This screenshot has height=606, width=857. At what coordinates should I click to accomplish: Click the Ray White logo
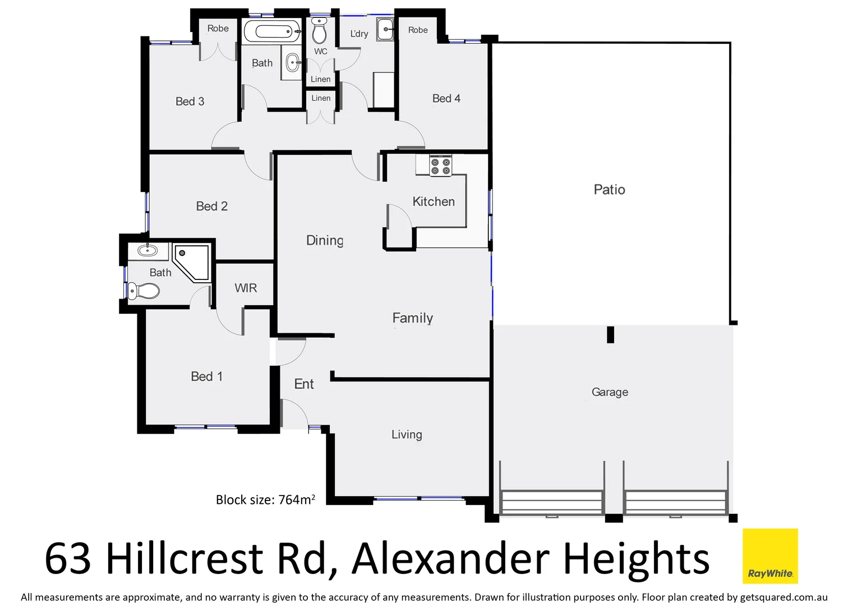coord(770,556)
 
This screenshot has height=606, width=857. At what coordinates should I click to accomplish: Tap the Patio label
coord(609,190)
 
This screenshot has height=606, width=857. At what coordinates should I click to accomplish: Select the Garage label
coord(610,392)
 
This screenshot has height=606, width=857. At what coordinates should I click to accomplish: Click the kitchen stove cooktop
coord(440,167)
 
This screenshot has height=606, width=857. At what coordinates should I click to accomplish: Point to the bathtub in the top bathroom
coord(272,31)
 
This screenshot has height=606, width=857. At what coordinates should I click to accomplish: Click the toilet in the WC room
coord(319,31)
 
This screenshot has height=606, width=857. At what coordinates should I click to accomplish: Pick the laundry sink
coord(385,29)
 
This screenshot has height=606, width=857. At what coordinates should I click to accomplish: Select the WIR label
coord(246,288)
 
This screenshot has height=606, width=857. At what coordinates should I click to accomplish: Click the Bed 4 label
coord(446,98)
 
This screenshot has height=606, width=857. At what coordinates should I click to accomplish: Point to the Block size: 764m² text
coord(265,499)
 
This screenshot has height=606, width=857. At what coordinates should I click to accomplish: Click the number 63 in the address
coord(68,558)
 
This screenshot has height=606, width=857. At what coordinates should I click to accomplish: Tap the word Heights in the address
coord(636,558)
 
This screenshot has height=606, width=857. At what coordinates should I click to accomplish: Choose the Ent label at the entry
coord(304,384)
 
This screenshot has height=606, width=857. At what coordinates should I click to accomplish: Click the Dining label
coord(325,240)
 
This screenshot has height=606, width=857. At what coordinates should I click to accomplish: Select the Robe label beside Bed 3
coord(218,29)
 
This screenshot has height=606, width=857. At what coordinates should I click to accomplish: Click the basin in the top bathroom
coord(292,62)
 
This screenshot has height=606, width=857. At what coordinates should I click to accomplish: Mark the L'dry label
coord(359,34)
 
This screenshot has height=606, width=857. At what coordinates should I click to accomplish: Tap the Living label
coord(407,434)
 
